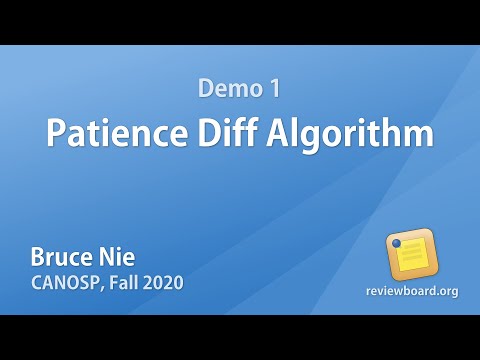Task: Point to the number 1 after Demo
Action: pyautogui.click(x=273, y=89)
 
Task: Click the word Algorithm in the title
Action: pyautogui.click(x=345, y=133)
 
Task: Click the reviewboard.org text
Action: pyautogui.click(x=411, y=291)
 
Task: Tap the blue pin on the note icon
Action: pyautogui.click(x=397, y=243)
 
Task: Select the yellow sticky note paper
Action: pyautogui.click(x=413, y=256)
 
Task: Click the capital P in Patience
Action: pyautogui.click(x=56, y=133)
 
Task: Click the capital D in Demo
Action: pyautogui.click(x=205, y=89)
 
